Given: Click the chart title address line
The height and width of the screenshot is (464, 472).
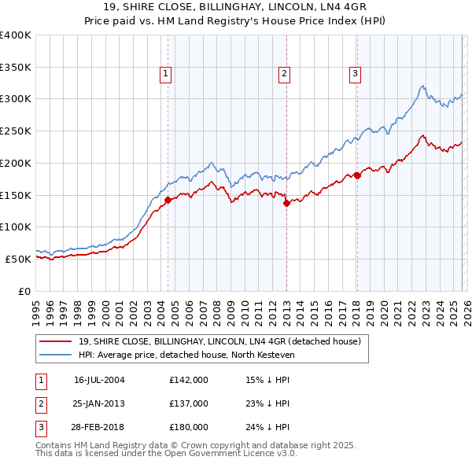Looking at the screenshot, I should [235, 8].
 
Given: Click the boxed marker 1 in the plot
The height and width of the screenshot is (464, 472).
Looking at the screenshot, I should [167, 75].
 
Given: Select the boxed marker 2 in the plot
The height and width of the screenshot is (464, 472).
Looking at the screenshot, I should [284, 75].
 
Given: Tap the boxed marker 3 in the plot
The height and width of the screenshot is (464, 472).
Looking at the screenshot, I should [356, 75].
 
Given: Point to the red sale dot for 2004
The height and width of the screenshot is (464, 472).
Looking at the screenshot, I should [168, 200].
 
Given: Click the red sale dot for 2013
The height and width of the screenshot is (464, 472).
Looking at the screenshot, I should [286, 203].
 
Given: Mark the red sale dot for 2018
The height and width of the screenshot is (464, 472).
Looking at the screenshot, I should [357, 175].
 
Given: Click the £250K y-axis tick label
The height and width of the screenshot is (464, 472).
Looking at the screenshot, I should [15, 131].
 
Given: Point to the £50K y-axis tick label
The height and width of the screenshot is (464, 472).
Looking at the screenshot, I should [17, 259].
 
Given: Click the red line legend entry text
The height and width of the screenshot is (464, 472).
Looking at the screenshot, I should [219, 341].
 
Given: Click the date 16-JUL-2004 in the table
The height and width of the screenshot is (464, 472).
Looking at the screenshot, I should [99, 380].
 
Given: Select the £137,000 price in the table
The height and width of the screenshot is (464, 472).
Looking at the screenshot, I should [189, 403].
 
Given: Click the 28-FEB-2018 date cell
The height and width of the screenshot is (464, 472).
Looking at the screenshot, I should [99, 427].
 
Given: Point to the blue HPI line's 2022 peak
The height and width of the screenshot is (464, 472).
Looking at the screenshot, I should [423, 86].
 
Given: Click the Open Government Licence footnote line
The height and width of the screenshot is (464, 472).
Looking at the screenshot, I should [167, 454].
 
